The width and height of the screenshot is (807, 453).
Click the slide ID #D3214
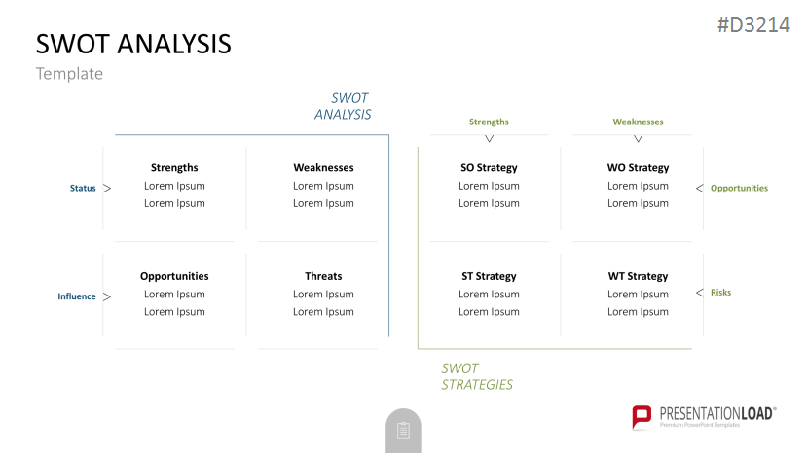[x=753, y=24]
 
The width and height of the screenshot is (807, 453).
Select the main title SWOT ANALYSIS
[x=133, y=44]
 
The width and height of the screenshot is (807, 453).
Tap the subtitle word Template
[x=69, y=74]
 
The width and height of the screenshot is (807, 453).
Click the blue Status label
[x=83, y=188]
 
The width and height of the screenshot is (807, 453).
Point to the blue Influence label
[x=77, y=296]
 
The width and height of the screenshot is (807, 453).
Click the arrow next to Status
[x=107, y=189]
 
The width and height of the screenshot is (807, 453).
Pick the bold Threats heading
[x=323, y=276]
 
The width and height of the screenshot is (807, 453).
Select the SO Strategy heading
[x=489, y=167]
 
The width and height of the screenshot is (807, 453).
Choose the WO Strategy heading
[x=638, y=167]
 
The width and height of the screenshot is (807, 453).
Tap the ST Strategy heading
[x=489, y=276]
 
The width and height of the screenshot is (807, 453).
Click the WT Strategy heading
[x=638, y=276]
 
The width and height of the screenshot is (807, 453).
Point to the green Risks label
[x=720, y=292]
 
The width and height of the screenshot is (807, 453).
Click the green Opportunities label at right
[x=739, y=188]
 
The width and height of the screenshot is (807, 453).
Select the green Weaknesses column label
[x=638, y=122]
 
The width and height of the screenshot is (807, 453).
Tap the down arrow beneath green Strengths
[x=489, y=139]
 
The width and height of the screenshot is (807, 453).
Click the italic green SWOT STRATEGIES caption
[x=477, y=376]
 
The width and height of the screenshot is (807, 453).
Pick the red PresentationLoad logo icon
[x=642, y=417]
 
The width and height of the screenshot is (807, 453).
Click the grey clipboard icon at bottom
[x=403, y=431]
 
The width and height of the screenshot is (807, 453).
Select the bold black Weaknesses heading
[x=323, y=167]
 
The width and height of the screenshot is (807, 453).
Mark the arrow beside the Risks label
[x=700, y=293]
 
